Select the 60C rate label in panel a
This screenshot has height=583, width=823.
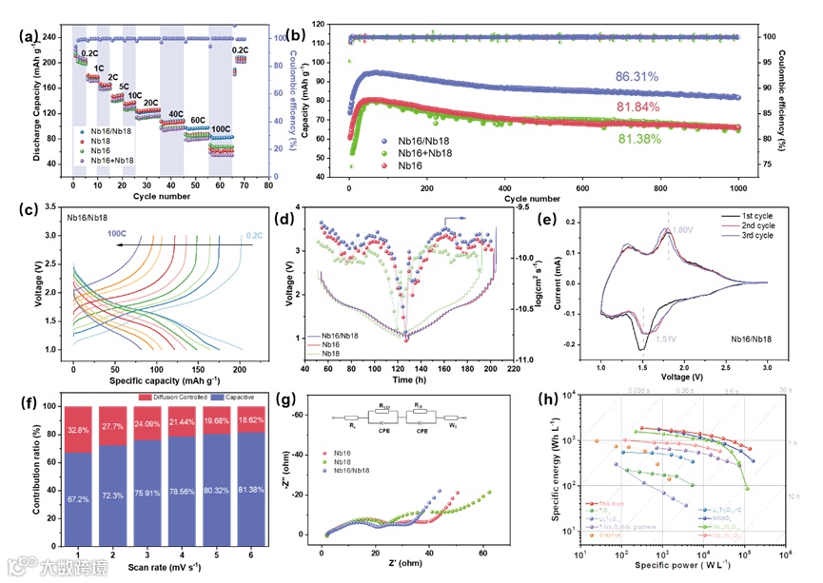click(197, 121)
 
